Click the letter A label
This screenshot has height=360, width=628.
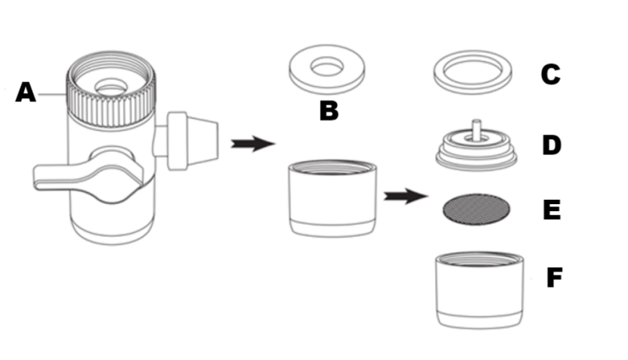coord(26,93)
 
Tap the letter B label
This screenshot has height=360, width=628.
coord(329,110)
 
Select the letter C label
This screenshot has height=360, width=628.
coord(549,75)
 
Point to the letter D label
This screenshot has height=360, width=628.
coord(551,144)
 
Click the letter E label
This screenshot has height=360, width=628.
coord(551,209)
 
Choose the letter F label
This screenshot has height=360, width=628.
coord(553,278)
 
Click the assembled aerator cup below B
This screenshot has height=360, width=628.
coord(332,198)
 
